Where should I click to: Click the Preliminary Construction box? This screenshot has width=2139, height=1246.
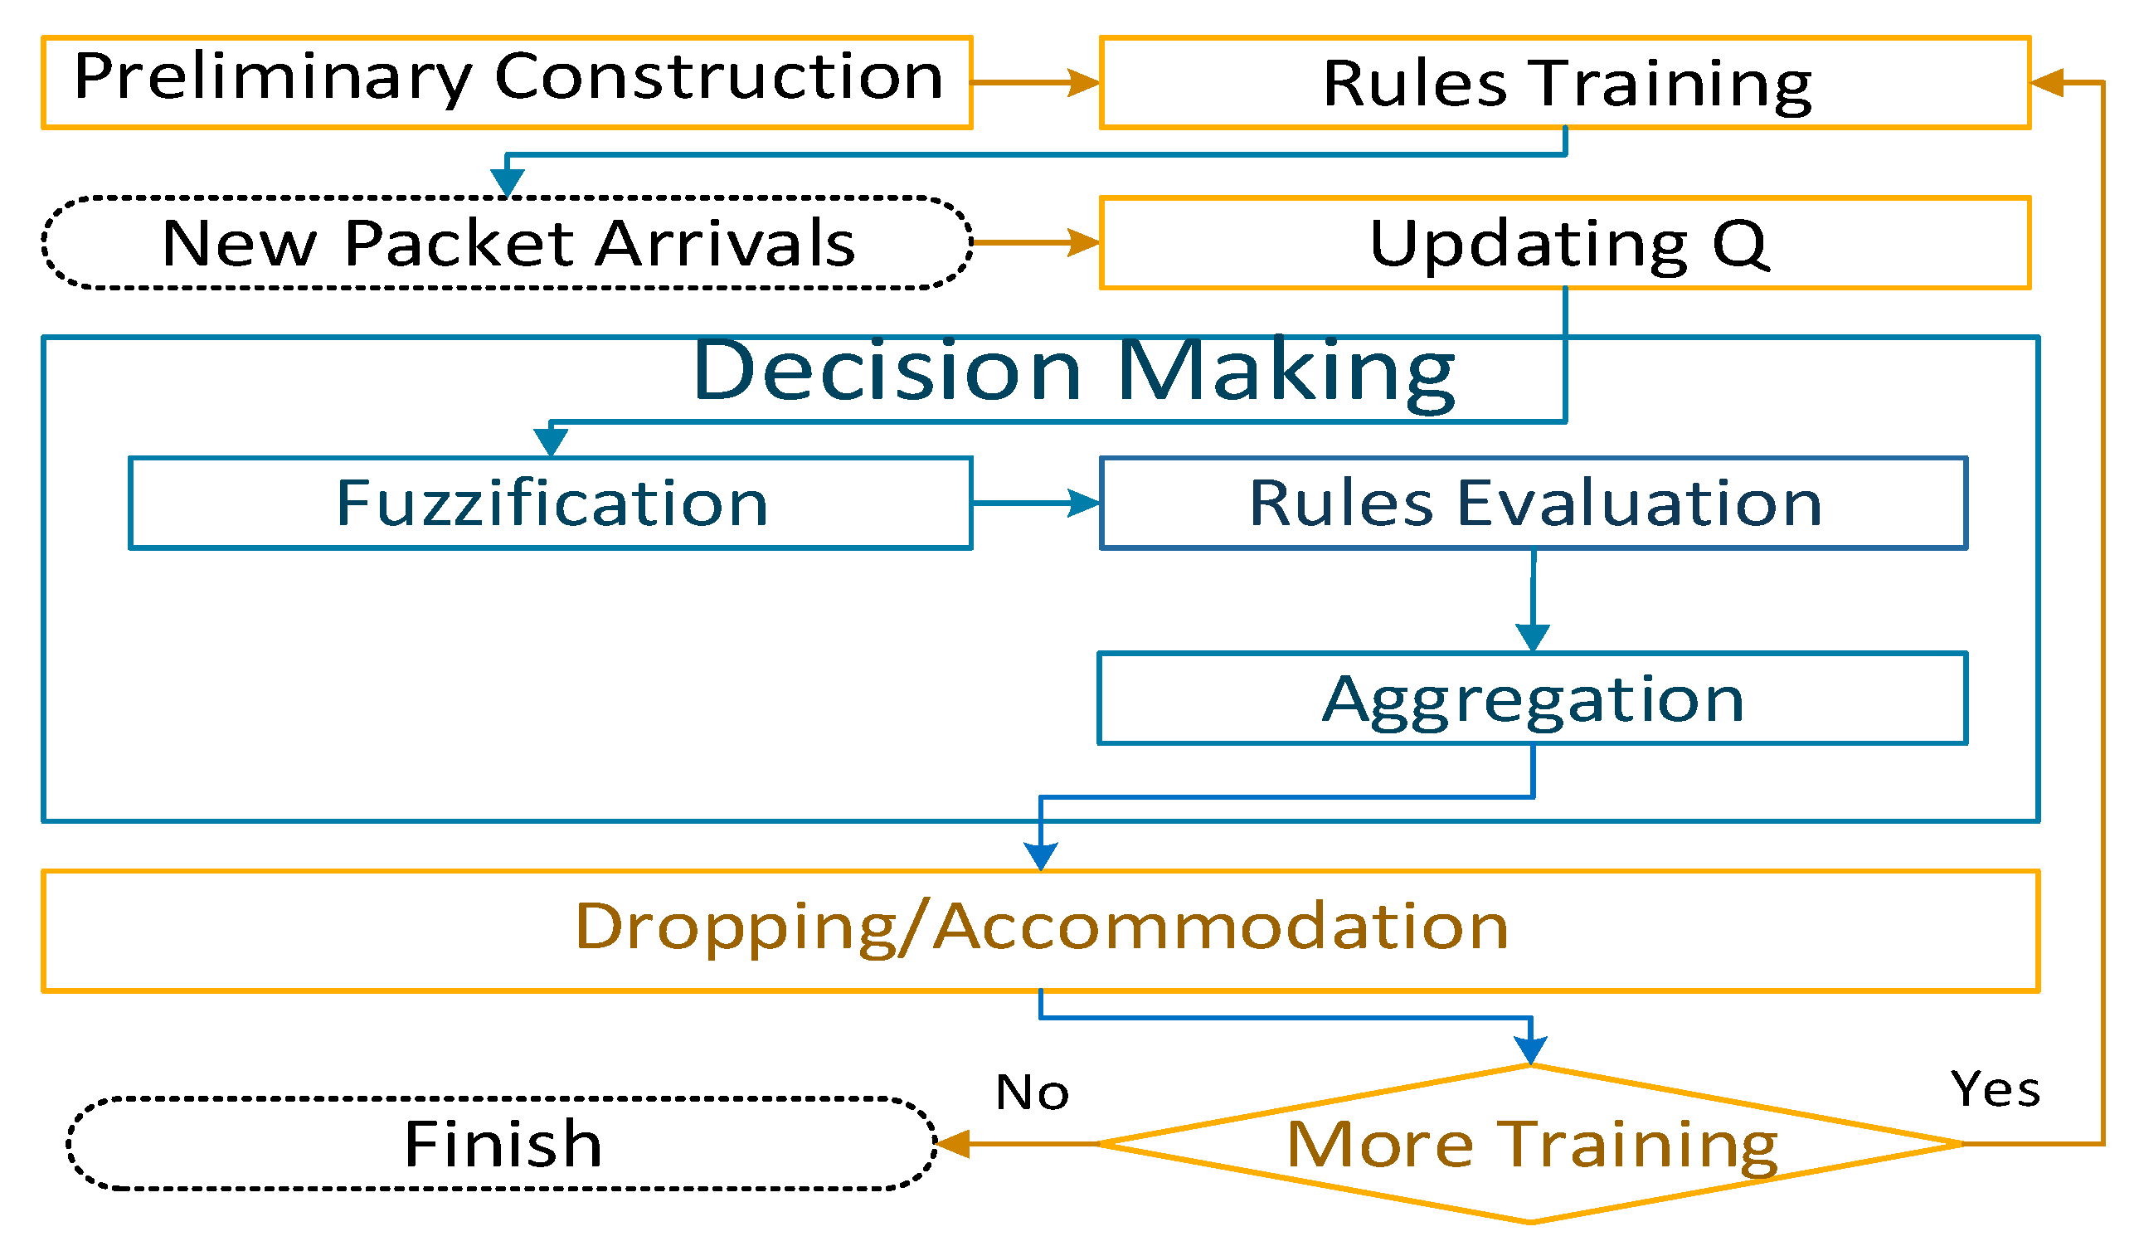[x=507, y=82]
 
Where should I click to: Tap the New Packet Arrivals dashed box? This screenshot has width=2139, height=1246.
[x=507, y=243]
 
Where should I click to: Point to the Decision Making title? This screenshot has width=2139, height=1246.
[x=1073, y=371]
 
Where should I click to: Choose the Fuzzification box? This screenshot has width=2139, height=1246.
[x=550, y=504]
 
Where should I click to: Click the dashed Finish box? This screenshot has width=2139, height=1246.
[x=502, y=1144]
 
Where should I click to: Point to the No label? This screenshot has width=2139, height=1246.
[x=1031, y=1093]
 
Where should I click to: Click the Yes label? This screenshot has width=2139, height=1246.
[x=1994, y=1089]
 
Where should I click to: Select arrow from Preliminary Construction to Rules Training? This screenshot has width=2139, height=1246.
[x=1035, y=82]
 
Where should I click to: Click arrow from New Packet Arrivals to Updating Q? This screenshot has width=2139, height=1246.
[x=1035, y=243]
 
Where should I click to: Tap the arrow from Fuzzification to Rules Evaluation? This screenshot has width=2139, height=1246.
[x=1035, y=504]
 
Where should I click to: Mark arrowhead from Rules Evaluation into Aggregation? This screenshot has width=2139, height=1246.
[x=1532, y=636]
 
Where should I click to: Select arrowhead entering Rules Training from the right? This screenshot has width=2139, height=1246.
[x=2045, y=82]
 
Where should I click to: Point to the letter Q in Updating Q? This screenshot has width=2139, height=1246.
[x=1740, y=245]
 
